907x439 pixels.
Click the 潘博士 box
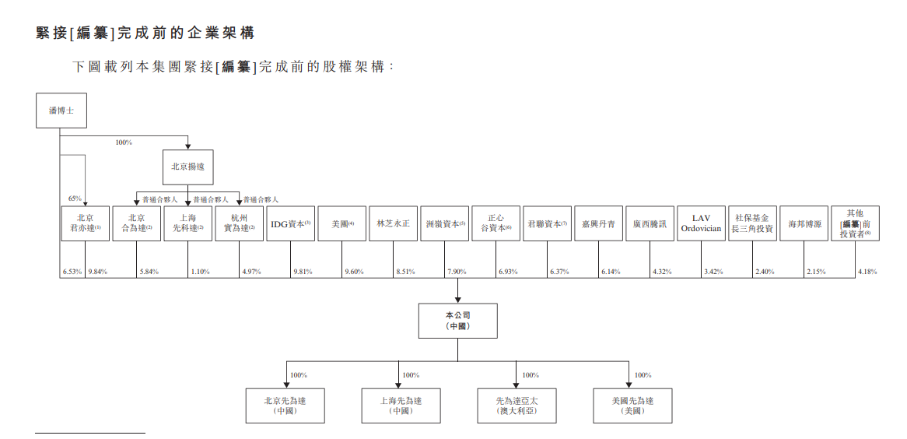coord(61,111)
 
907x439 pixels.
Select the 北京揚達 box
coord(187,167)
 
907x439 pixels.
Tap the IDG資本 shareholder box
coord(291,223)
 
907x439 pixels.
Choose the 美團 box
coord(342,223)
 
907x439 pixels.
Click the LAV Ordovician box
coord(701,223)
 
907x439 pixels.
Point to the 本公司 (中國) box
coord(457,321)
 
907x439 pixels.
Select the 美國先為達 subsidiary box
coord(632,406)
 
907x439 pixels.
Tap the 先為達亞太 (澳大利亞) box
coord(517,406)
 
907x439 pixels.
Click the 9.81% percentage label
coord(303,272)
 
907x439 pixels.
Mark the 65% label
coord(75,198)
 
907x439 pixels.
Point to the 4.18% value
coord(867,272)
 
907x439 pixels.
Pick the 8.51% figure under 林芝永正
coord(405,272)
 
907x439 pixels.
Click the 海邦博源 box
coord(804,223)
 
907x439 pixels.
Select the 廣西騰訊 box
coord(650,223)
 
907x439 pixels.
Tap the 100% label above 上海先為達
coord(411,375)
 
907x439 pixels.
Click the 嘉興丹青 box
coord(599,223)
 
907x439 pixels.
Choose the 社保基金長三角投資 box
coord(752,223)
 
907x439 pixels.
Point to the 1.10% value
coord(200,272)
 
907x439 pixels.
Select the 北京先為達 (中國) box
coord(285,406)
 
